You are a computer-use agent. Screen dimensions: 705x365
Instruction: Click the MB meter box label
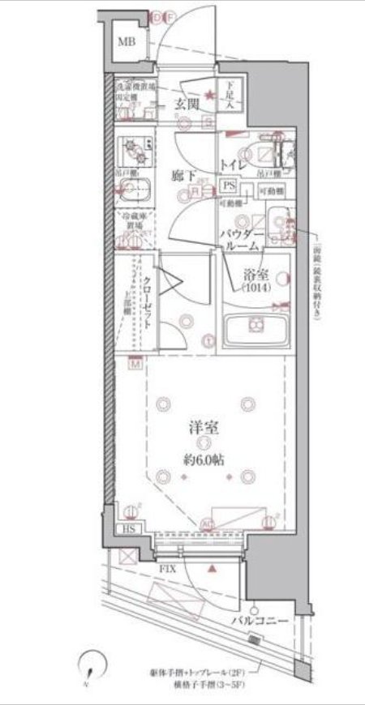point(127,42)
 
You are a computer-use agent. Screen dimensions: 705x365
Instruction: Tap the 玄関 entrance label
point(188,102)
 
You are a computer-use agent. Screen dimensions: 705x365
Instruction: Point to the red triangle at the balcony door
point(212,570)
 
